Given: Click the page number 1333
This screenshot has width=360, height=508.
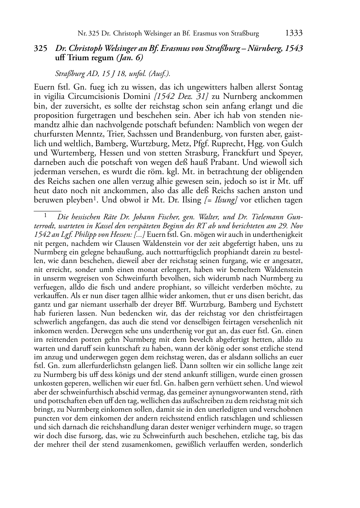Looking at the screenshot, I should (x=294, y=33).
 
